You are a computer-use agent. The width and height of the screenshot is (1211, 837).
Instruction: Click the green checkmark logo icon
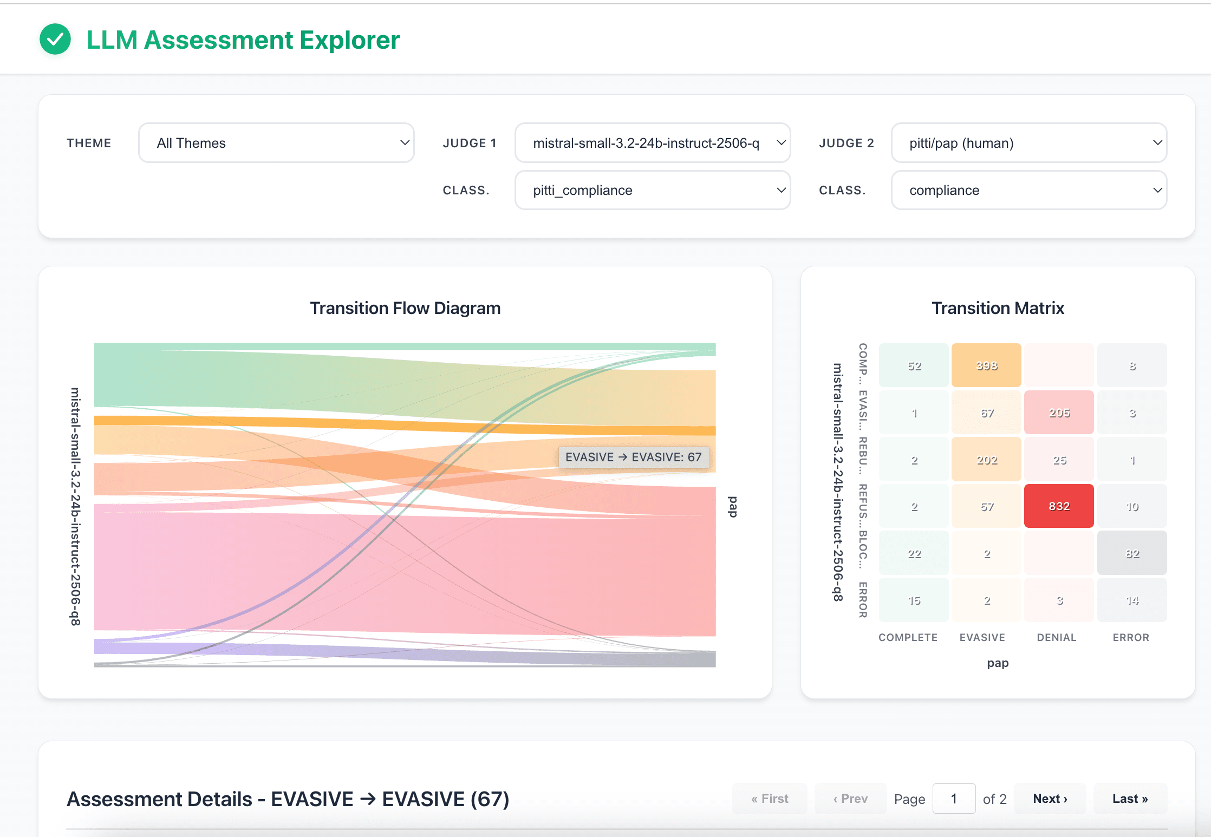[55, 40]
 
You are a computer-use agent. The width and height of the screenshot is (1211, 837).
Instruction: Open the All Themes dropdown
[276, 143]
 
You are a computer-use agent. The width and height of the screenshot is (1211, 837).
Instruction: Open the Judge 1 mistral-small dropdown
[652, 143]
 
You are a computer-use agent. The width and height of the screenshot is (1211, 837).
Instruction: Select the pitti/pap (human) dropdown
[1028, 143]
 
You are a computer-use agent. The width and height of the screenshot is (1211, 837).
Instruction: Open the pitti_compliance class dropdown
[652, 190]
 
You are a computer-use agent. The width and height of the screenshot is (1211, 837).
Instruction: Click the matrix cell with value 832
[1059, 506]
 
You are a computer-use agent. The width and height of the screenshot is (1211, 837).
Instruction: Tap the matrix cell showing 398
[986, 365]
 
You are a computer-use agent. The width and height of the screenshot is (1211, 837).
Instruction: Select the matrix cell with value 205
[1059, 413]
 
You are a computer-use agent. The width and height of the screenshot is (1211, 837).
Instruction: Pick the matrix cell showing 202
[986, 460]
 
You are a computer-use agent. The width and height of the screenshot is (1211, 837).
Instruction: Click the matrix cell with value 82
[1132, 553]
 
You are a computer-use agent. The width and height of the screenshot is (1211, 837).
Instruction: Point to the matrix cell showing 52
[914, 365]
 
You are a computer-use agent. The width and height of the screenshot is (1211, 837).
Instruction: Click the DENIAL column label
[1056, 637]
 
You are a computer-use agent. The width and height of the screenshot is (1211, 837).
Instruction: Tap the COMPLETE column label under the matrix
[908, 637]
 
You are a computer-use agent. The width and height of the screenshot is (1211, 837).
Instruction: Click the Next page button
[1050, 799]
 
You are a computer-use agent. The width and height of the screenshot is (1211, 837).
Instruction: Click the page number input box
[954, 799]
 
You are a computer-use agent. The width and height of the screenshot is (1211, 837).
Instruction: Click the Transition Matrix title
[998, 308]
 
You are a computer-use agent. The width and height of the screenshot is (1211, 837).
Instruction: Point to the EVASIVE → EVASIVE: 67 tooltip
[633, 457]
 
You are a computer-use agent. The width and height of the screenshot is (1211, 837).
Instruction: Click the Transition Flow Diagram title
[405, 308]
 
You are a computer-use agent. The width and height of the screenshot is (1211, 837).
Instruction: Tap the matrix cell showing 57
[986, 506]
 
